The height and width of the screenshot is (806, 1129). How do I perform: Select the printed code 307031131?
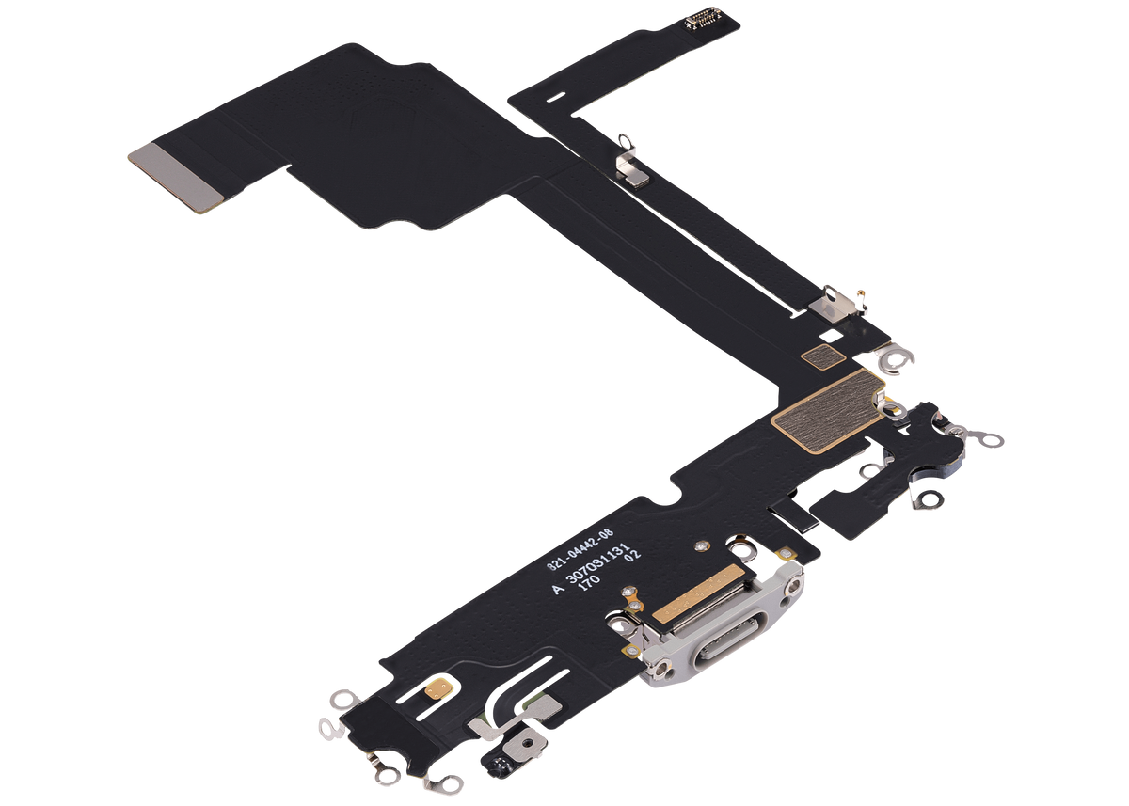611,568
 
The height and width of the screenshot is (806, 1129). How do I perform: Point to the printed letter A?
558,589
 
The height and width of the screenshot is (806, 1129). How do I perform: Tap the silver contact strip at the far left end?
176,178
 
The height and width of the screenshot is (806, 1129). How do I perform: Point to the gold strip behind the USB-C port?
691,602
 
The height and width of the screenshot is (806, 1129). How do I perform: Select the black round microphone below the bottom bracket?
491,764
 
